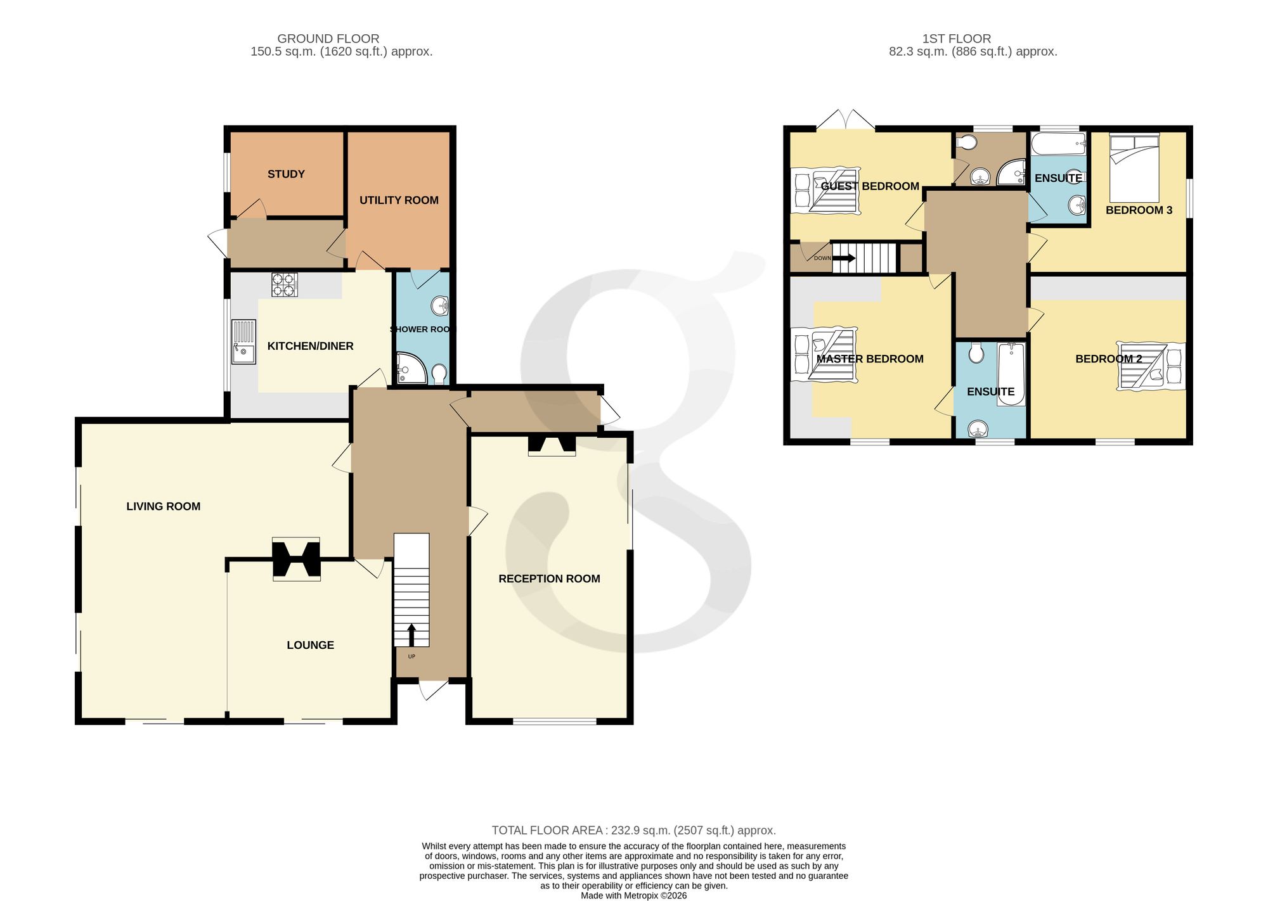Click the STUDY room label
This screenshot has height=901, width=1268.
286,174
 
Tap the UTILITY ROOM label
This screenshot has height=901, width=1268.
399,200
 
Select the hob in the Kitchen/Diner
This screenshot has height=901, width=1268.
285,284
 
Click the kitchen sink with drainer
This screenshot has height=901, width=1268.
243,342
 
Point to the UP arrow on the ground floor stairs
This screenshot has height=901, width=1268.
411,635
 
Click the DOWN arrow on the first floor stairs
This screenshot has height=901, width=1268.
844,258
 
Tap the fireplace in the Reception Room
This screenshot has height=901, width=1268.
552,445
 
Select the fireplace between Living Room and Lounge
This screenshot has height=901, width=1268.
296,559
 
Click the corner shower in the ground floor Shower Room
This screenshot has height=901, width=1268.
411,368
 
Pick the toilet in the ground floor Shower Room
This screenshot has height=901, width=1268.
439,374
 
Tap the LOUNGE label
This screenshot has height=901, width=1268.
310,645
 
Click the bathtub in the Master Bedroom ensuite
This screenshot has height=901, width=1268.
1011,374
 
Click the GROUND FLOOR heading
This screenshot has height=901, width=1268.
328,39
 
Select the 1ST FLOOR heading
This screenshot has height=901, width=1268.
957,39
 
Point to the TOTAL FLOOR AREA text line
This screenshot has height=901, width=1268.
634,830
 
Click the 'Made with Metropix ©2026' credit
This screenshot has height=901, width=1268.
634,896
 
